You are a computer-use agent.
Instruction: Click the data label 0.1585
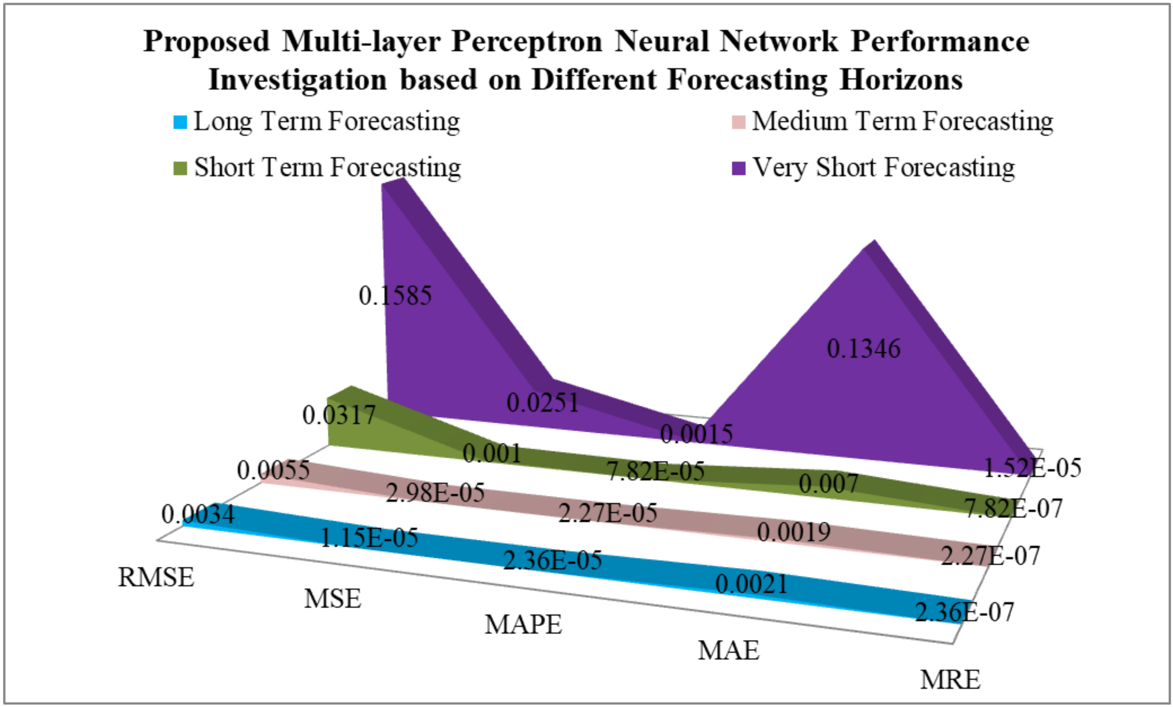(395, 296)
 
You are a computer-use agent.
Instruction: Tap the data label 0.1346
(864, 349)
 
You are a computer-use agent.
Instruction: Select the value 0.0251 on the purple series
(543, 402)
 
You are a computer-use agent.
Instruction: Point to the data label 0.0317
(339, 415)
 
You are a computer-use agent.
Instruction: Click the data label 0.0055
(274, 471)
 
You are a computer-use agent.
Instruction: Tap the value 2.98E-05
(435, 492)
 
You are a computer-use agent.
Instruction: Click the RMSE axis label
(156, 577)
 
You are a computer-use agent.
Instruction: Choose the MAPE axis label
(523, 625)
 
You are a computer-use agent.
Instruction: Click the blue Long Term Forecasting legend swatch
(181, 122)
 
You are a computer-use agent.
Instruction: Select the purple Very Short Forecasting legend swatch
(738, 168)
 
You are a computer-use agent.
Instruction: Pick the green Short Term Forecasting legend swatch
(181, 168)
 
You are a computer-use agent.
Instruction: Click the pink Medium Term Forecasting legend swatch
(738, 122)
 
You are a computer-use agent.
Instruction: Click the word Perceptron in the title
(527, 41)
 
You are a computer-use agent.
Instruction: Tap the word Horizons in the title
(901, 79)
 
